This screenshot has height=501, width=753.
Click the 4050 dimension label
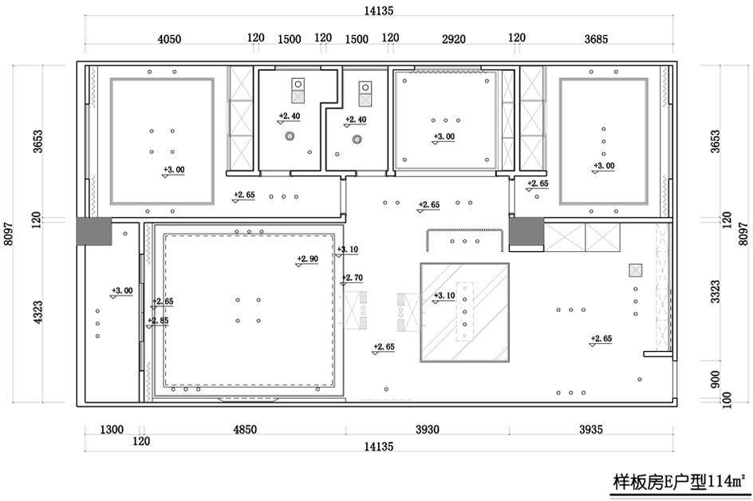pos(170,39)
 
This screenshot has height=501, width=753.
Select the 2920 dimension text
pos(454,39)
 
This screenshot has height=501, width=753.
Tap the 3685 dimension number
pos(596,39)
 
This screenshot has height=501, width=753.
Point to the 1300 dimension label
pos(112,429)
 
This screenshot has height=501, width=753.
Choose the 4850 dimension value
pos(245,429)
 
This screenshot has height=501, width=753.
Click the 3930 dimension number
pos(428,429)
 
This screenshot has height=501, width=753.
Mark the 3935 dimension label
pos(591,429)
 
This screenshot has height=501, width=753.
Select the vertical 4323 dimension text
pos(38,312)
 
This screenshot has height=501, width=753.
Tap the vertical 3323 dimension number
pos(716,291)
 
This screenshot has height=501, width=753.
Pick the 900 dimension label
pos(716,380)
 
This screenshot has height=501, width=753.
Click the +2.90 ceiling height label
pos(307,259)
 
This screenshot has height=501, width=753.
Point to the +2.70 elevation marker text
pos(352,278)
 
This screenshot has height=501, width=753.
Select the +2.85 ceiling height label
pos(158,321)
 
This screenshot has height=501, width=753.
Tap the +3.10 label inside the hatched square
pos(444,295)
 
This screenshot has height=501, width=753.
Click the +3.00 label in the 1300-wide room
pos(122,290)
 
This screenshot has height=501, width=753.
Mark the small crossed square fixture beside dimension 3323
pos(636,270)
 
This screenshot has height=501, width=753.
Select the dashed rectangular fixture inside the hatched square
pos(465,311)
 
